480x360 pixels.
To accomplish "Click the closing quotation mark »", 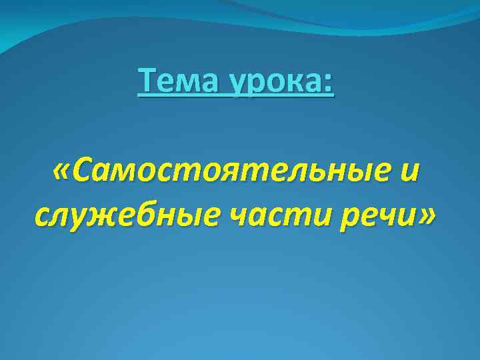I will pyautogui.click(x=424, y=216).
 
